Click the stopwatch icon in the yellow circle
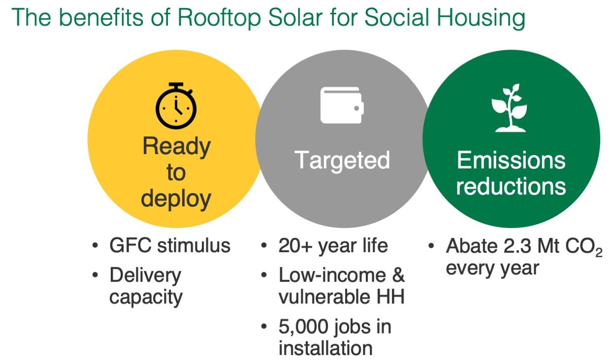pos(176,106)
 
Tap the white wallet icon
pos(342,105)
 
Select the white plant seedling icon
pos(510,108)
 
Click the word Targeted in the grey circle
pos(342,161)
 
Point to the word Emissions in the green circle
pos(511,160)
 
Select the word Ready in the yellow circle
pos(176,147)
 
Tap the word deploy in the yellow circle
pos(176,199)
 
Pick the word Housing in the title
pos(481,18)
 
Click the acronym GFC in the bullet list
pos(130,245)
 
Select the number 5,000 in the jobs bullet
pos(303,327)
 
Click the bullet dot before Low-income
pos(263,275)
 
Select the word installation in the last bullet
pos(325,348)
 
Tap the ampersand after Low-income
pos(398,275)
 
